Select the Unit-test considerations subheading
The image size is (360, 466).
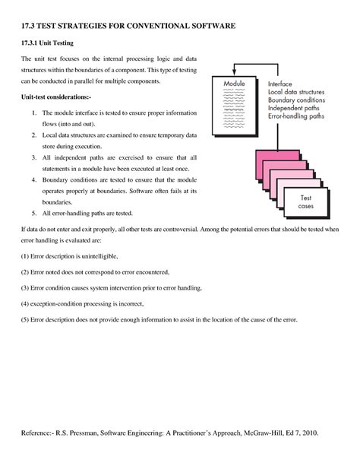(x=54, y=98)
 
